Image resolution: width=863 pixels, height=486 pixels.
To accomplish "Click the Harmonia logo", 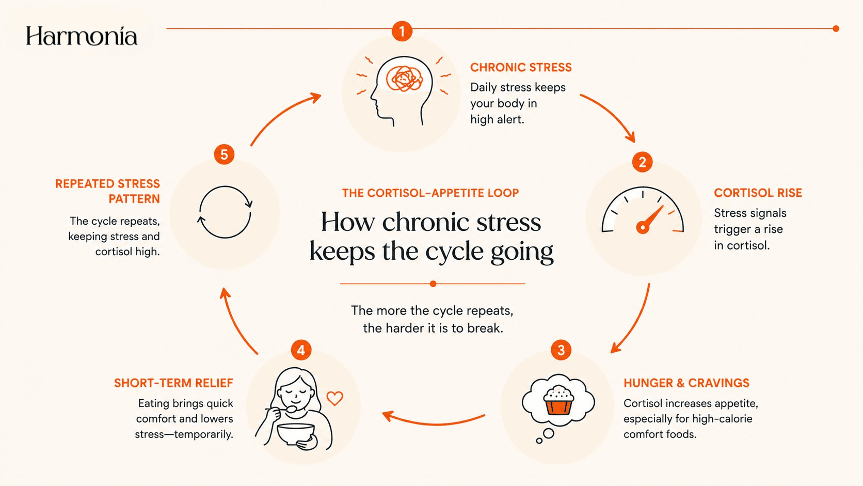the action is coord(81,36).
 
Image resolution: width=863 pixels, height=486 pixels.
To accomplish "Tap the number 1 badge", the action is coord(402,31).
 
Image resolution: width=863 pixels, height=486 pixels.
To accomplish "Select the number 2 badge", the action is coord(642,162).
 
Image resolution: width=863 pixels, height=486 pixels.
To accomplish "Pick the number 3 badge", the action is coord(561,350).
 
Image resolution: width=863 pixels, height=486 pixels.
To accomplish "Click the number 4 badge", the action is coord(301,350).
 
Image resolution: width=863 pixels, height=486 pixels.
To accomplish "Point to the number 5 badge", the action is coord(224,154).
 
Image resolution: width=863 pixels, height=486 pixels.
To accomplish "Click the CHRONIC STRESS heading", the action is coord(521,68).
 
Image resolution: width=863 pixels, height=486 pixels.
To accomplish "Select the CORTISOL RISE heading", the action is coord(758,193).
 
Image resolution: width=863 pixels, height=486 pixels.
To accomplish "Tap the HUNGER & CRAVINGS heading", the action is coord(686,383).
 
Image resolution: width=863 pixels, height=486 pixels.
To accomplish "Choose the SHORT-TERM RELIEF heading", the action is coord(173,383).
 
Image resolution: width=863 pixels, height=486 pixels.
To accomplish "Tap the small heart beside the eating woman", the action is coord(334,398).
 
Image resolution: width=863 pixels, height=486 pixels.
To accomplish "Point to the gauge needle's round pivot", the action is coord(643,227).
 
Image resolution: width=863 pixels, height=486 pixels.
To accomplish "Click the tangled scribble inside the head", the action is coord(404,79).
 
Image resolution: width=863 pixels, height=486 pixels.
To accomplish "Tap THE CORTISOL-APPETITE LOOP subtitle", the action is coord(430,193).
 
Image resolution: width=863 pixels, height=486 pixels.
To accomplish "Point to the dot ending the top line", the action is coord(836,28).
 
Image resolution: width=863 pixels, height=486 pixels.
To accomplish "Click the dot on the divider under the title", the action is coord(433,284).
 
